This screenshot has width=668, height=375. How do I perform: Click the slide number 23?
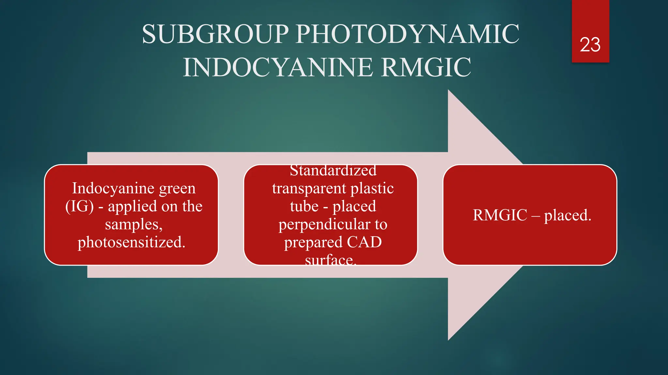point(590,45)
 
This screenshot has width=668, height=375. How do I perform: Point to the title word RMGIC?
point(426,67)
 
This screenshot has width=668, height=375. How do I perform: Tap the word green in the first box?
point(177,189)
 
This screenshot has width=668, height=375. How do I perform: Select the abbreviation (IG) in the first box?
point(79,206)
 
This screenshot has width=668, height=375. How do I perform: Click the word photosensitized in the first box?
point(131,242)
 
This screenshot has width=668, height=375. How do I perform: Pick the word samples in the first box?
point(133,224)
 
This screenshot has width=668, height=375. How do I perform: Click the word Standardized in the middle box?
point(333,171)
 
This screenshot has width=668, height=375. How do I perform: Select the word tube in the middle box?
point(304,206)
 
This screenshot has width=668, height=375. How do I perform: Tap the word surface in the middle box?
point(330,260)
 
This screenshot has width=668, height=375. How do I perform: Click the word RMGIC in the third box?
point(500,215)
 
